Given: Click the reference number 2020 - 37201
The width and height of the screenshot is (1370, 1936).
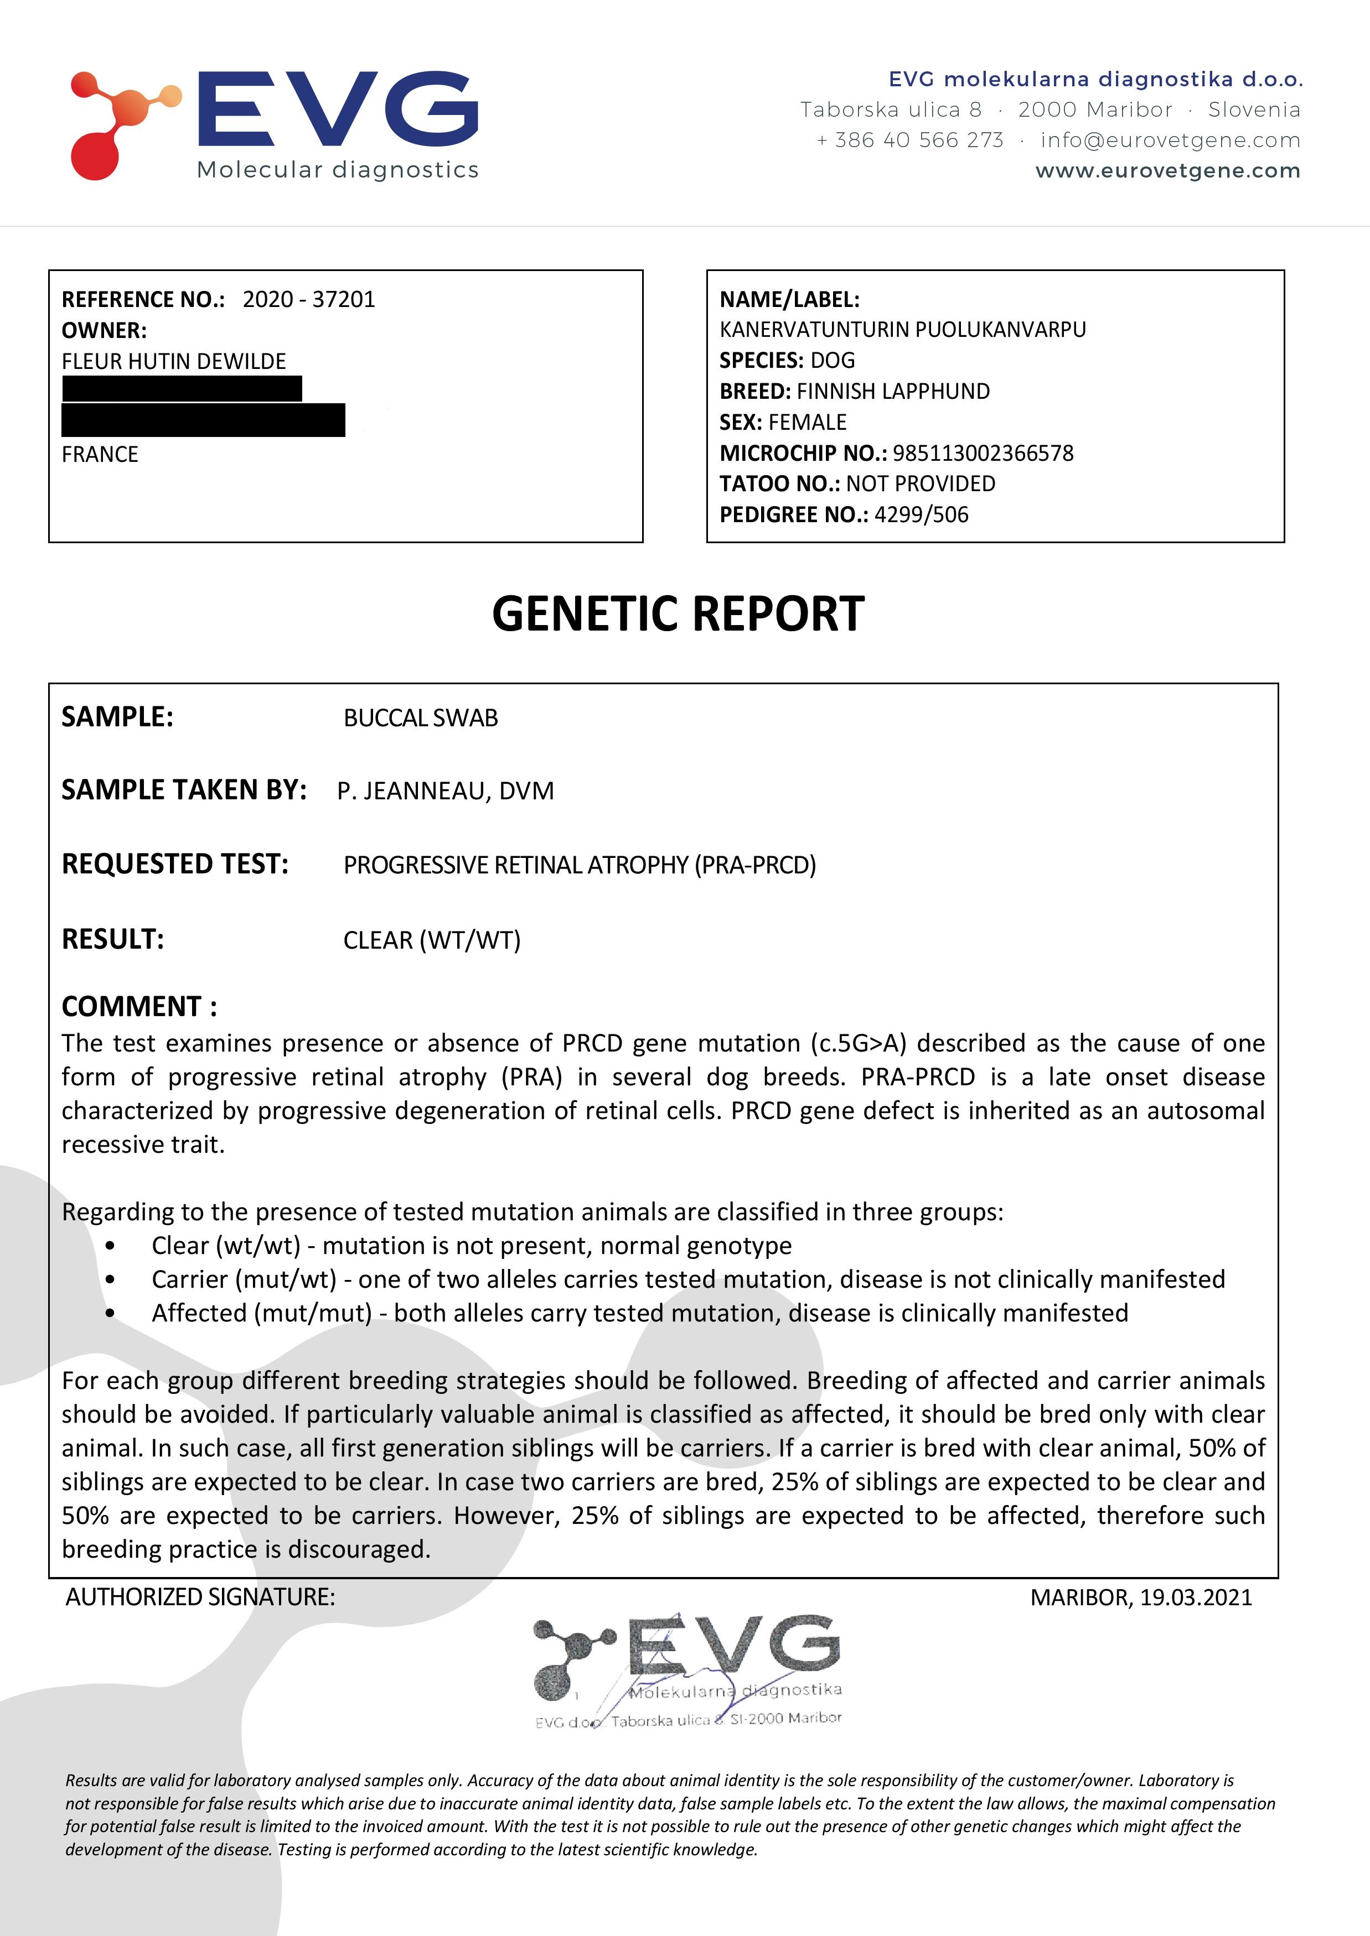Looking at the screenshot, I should click(x=309, y=299).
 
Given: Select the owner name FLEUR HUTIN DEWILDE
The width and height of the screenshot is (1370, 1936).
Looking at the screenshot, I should click(x=174, y=362).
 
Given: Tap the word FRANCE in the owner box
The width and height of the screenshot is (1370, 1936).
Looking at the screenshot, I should click(x=100, y=455).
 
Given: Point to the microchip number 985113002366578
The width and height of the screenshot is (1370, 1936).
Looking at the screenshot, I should click(x=983, y=454).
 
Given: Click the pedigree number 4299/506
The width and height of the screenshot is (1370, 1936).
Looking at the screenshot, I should click(x=921, y=515).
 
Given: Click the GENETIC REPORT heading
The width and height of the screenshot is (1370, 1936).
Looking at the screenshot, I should click(x=678, y=614).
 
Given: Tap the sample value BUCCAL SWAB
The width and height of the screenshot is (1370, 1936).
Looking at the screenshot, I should click(x=420, y=719).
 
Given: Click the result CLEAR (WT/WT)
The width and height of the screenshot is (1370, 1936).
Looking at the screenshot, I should click(x=432, y=940).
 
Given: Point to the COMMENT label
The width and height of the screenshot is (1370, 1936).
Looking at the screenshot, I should click(x=139, y=1006).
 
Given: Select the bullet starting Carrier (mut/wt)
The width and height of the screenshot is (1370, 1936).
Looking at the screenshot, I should click(x=687, y=1279).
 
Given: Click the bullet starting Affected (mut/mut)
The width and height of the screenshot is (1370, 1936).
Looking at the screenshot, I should click(x=639, y=1313).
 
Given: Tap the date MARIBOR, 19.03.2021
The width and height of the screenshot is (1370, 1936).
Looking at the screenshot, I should click(x=1140, y=1597).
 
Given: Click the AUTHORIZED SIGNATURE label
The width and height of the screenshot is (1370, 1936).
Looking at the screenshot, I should click(x=200, y=1597).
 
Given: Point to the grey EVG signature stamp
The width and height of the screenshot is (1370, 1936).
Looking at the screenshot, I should click(x=687, y=1669).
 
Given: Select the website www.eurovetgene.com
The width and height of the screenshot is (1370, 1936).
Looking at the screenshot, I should click(x=1167, y=171).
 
